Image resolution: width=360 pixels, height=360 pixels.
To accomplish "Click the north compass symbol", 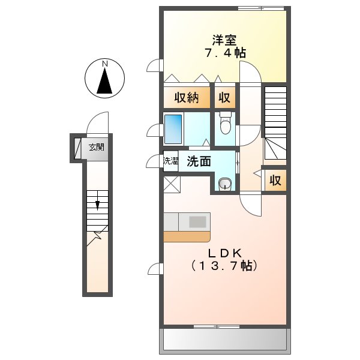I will [x=105, y=79].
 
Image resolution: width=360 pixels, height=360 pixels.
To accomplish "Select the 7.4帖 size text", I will [x=224, y=53].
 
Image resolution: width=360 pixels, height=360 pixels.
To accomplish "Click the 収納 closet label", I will [x=187, y=98].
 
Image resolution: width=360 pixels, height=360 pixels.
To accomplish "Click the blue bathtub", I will [x=173, y=127].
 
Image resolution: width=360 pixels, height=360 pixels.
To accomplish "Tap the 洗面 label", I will [x=198, y=161].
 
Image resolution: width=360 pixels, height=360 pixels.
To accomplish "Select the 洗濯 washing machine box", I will [x=171, y=161].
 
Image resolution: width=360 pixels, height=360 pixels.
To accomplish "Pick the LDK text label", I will [x=224, y=253].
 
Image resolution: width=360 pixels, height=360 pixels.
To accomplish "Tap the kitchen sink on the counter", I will [x=197, y=221].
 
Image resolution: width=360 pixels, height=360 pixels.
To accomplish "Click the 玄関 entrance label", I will [x=96, y=146].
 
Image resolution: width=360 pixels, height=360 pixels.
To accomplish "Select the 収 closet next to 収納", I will [x=224, y=98].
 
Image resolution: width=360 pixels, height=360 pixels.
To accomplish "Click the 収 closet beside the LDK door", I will [x=275, y=180].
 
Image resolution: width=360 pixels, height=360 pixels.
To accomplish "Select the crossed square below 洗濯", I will [x=170, y=183].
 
